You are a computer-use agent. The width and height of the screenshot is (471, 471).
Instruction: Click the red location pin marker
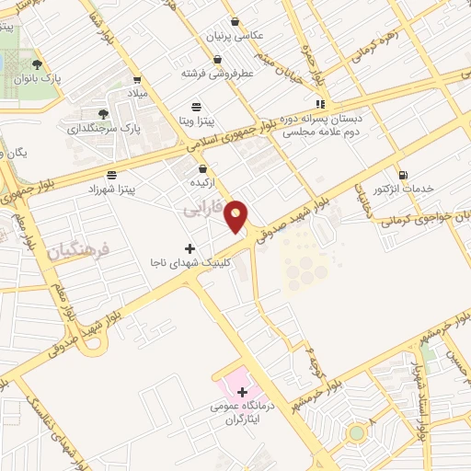coord(237,215)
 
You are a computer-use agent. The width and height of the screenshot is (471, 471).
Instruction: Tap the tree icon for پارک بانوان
coord(37,64)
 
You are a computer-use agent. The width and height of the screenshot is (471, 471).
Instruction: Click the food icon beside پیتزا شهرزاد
coord(111,174)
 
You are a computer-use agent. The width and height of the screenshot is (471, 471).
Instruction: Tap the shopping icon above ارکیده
coord(202,168)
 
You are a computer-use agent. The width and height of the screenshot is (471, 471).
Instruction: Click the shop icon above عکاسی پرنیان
coord(235,20)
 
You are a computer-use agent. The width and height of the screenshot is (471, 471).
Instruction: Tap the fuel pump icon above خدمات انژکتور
coord(402,175)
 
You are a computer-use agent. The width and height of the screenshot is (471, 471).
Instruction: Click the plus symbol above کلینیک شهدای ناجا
coord(190,248)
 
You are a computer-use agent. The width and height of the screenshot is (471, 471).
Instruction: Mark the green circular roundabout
coord(356,432)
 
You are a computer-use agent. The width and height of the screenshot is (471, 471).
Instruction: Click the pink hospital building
coord(233,377)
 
